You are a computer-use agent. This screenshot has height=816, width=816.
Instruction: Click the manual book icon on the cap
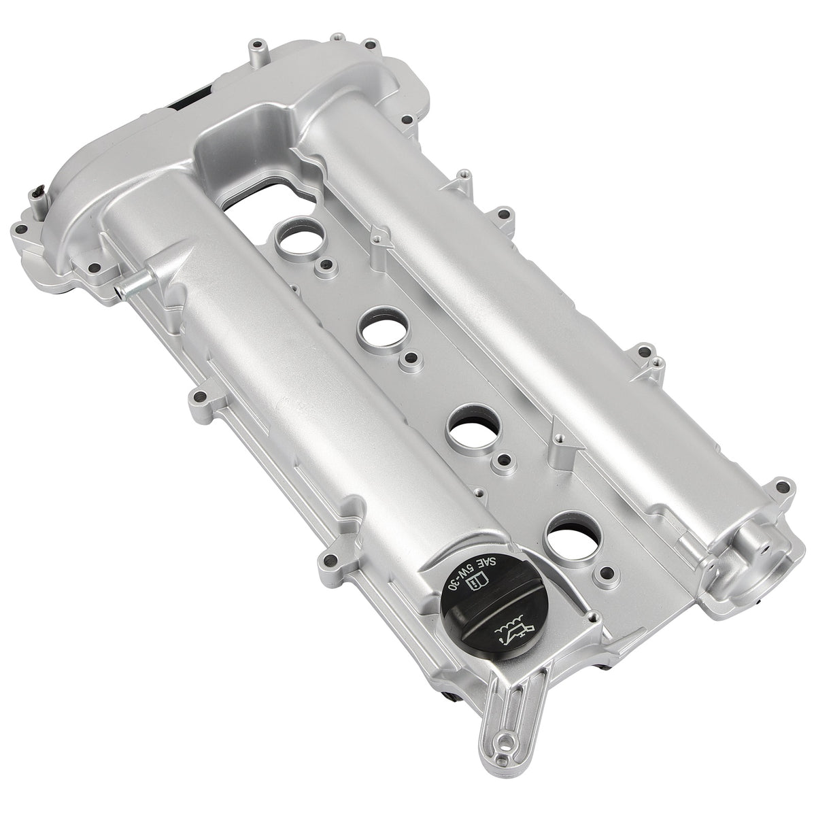477,581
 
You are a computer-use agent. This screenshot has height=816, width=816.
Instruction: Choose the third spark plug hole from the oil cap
384,329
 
